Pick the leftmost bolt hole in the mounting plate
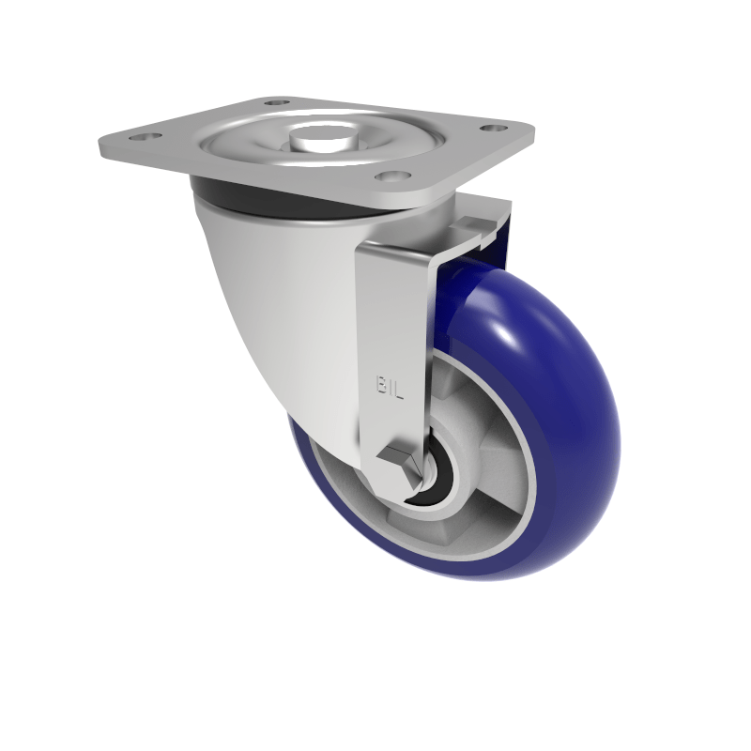[143, 138]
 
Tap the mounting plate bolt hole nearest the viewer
[388, 176]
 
